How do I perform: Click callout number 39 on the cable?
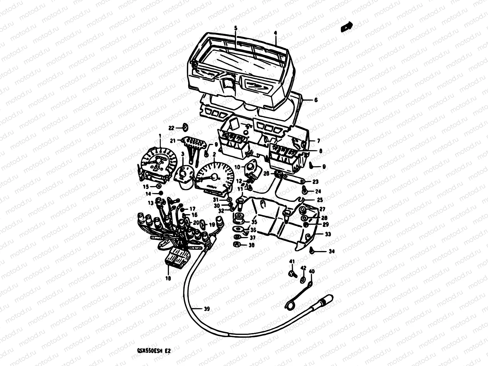(x=207, y=309)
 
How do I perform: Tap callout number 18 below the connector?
(x=168, y=278)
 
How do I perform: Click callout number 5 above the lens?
(x=235, y=28)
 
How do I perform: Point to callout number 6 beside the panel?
(x=316, y=100)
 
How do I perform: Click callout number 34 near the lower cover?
(x=332, y=252)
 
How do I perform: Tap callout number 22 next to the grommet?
(x=171, y=128)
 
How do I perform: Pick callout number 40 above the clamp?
(x=311, y=271)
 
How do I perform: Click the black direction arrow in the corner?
(x=346, y=27)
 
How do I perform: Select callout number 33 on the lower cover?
(x=328, y=235)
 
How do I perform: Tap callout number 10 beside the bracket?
(x=237, y=167)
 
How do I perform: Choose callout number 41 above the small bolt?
(x=292, y=261)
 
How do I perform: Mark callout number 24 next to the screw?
(x=318, y=192)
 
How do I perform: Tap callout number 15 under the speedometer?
(x=146, y=186)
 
